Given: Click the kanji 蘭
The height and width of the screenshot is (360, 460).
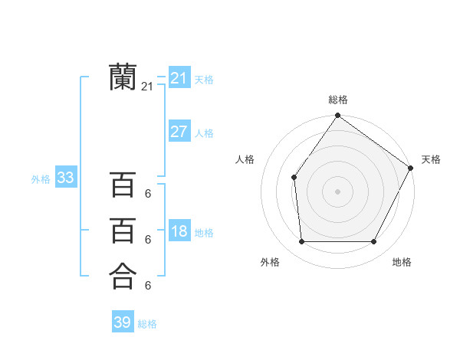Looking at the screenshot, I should coord(123,77).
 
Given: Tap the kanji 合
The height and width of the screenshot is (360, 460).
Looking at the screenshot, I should coord(123,276).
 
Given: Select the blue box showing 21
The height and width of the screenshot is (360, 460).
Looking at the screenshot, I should coord(179,78).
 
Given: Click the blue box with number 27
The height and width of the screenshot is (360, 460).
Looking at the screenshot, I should coord(179,132).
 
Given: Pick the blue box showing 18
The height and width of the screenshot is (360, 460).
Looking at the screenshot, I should coord(179,232).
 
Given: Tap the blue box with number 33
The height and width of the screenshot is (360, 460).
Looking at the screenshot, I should coord(65,178).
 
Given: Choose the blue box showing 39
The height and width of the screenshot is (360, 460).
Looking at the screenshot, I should coord(122,322).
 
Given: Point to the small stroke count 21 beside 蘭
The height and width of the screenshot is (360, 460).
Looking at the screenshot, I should coord(147,87).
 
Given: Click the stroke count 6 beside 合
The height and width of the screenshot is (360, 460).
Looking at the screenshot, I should coord(147,286).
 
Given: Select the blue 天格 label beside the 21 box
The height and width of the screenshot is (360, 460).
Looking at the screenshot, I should coord(203,79).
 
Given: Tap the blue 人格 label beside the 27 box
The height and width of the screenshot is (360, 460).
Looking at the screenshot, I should coord(203,133).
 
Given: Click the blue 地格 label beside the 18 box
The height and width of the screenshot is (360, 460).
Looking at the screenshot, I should coord(203,233).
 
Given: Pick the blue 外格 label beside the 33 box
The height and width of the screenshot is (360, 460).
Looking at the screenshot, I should coord(41,179).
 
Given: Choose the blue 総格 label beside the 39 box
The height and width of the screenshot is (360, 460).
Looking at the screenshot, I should coord(147,323).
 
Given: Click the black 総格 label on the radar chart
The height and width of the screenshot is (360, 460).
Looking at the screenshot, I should coord(337,100).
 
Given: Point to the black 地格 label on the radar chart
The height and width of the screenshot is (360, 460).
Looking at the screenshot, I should coord(402,262).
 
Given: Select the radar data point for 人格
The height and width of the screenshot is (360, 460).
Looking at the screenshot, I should coord(294,177).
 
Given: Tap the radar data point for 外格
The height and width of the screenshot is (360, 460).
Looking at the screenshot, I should coord(301,242).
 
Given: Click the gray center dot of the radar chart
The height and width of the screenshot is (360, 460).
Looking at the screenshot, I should coord(337,191).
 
